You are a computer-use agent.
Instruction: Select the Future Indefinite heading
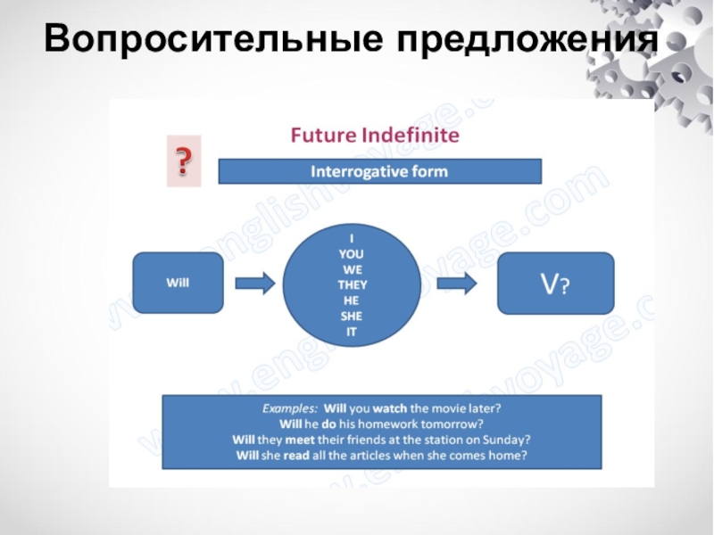375,136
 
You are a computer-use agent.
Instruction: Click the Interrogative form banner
379,170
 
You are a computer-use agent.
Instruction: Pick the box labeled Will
178,283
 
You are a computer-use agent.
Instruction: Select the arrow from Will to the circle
254,283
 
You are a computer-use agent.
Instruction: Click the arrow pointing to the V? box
457,283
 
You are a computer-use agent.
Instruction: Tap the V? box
555,283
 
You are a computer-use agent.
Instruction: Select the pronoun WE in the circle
353,268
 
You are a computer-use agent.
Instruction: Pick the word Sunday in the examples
510,440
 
